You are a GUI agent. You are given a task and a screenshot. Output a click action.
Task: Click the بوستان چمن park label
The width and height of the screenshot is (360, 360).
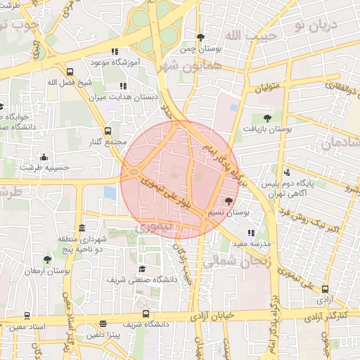point(200,49)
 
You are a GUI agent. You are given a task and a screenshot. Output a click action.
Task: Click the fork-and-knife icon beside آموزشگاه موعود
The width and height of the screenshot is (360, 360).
point(114,51)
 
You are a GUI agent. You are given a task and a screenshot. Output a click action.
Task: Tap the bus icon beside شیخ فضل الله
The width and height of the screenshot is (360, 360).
point(69,71)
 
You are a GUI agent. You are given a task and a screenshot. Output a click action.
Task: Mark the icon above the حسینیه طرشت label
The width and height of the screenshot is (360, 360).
point(44,157)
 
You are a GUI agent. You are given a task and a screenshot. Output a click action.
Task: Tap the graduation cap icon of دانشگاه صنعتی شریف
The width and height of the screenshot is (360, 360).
point(141,269)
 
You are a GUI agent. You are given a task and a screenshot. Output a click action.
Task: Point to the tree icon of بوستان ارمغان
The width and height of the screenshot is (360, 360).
point(47,259)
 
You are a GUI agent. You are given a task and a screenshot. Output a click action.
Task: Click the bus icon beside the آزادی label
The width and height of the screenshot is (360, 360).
point(324,288)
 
